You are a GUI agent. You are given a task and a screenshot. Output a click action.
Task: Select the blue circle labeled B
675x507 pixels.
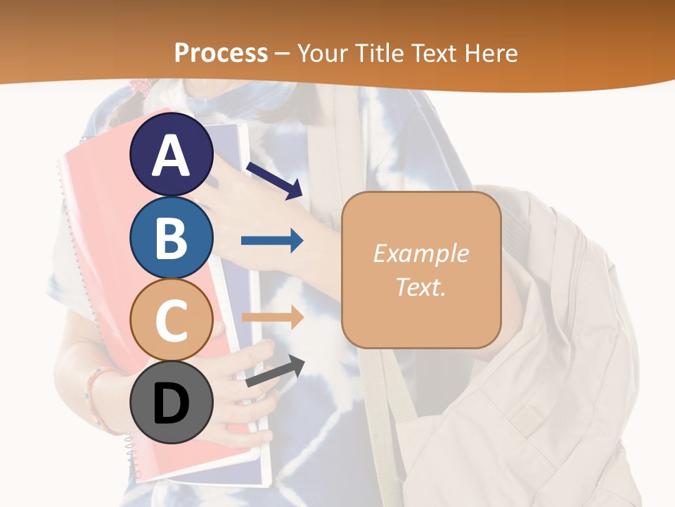(x=172, y=237)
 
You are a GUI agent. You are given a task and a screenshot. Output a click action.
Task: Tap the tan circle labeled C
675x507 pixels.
(x=172, y=319)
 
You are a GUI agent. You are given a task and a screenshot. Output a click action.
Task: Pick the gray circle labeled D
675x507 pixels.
(x=172, y=402)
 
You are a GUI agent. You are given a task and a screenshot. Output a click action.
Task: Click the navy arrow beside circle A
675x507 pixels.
(x=274, y=181)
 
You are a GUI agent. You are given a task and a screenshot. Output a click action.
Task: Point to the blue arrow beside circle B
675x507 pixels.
(x=272, y=241)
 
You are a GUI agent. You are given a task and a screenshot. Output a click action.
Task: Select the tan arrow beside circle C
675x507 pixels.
(x=272, y=318)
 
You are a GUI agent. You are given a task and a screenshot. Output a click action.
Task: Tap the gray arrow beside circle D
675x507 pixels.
(x=275, y=370)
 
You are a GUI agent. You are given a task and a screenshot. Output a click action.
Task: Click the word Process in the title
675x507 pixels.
(x=221, y=53)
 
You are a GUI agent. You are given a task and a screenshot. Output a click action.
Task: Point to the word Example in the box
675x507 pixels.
(x=420, y=254)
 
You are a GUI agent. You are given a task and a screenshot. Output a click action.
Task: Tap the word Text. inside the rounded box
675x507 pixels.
(x=420, y=287)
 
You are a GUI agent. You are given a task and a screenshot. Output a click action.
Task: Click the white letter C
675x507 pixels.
(x=172, y=320)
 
